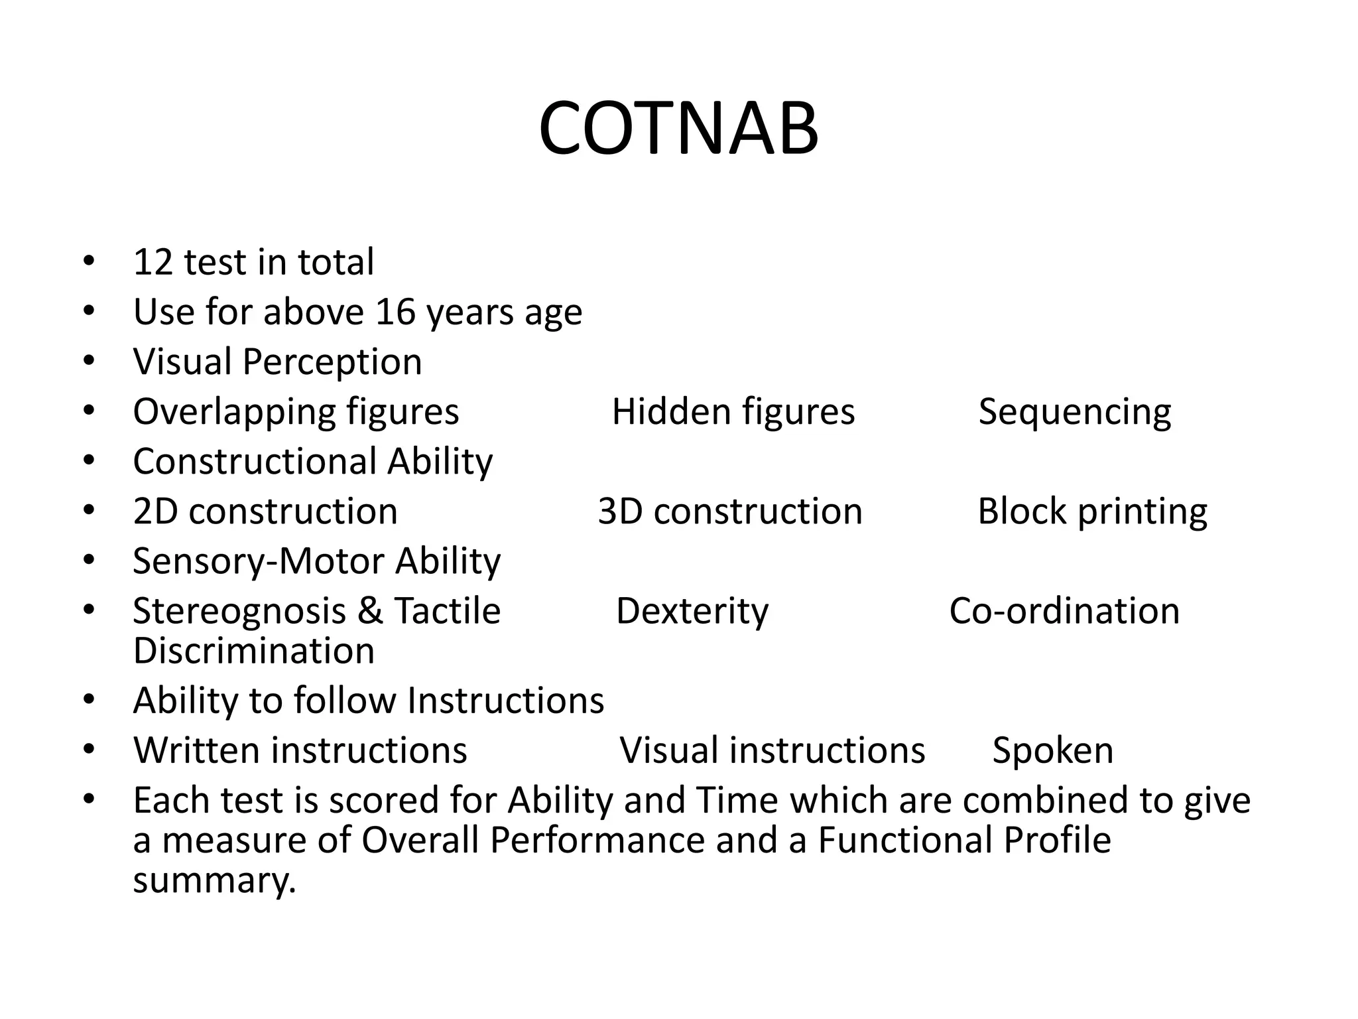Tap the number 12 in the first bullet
(x=153, y=262)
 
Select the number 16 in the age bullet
(x=396, y=312)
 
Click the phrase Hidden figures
(x=733, y=412)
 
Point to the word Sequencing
(x=1074, y=412)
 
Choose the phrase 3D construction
(x=729, y=511)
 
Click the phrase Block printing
(x=1092, y=511)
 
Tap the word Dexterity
(x=692, y=611)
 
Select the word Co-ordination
(x=1064, y=611)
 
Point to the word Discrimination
(x=253, y=651)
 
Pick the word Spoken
(x=1052, y=751)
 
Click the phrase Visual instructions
(x=772, y=750)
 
